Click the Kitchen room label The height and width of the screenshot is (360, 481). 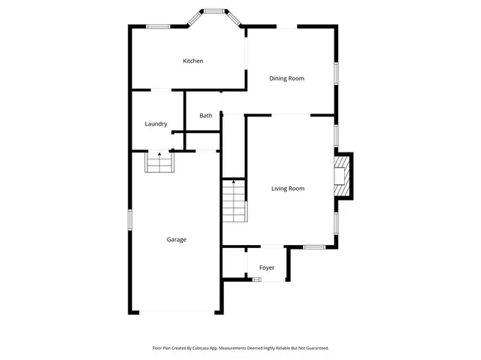coord(193,61)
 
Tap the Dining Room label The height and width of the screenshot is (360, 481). coord(286,78)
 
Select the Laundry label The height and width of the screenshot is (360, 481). coord(156,124)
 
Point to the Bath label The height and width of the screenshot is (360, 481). coord(206,116)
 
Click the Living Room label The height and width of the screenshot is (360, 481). coord(288,189)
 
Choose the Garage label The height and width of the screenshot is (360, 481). coord(177,240)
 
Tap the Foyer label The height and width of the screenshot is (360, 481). coord(267,268)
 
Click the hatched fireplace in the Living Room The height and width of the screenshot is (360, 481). coord(343,176)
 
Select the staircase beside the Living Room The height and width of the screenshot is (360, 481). coord(234,203)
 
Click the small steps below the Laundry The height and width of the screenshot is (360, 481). coord(159,162)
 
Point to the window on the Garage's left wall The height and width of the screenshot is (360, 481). coord(130,219)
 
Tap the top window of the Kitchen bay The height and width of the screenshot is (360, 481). coord(215,11)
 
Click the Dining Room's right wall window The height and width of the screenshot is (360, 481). coord(336,71)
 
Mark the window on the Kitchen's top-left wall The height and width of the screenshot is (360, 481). coord(157,27)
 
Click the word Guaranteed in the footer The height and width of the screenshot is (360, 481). coord(314,348)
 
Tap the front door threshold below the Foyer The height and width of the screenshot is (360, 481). coord(256,280)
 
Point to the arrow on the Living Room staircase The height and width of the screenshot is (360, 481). coord(234,181)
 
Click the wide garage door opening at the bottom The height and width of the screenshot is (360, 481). coord(177,311)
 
